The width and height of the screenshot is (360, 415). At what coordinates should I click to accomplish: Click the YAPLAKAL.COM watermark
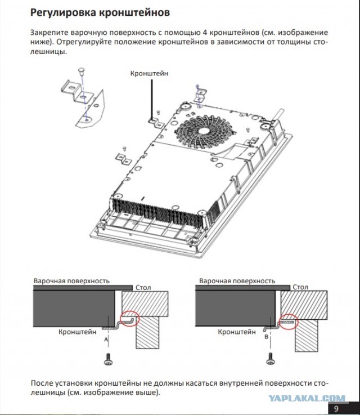[306, 398]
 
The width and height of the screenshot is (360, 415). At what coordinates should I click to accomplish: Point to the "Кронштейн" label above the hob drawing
[149, 73]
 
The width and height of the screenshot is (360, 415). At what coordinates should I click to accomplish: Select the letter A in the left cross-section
[105, 340]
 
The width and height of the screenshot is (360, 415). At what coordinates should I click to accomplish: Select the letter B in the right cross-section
[265, 337]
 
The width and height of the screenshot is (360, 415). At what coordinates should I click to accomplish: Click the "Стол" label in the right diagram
[300, 287]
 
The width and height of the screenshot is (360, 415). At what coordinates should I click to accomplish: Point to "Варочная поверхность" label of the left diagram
[71, 280]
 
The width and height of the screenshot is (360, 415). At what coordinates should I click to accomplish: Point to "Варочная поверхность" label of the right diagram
[236, 280]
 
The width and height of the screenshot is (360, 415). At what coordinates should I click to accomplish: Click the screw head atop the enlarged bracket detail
[82, 69]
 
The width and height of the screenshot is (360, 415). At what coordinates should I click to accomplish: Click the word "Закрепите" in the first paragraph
[49, 33]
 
